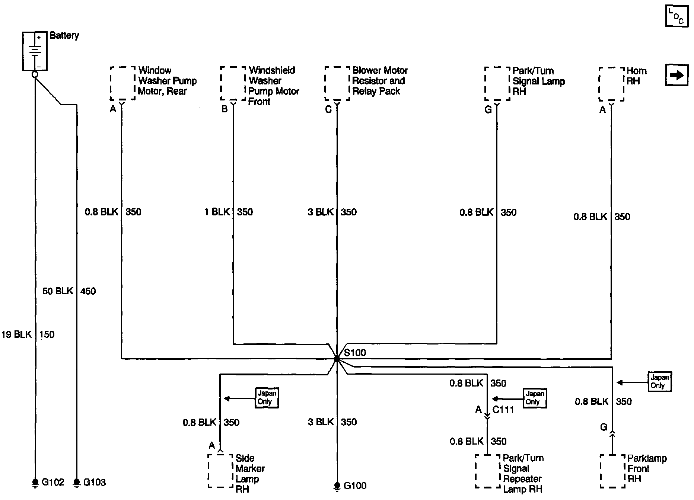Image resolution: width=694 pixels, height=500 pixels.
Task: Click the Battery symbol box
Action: pos(35,51)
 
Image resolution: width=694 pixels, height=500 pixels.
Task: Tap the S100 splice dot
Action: pos(337,359)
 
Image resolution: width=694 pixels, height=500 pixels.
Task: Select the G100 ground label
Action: pos(355,485)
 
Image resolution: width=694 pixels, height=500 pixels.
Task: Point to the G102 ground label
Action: pos(53,482)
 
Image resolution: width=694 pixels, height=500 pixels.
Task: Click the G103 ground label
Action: pos(94,482)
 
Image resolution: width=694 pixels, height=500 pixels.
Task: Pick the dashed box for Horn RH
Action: pos(611,84)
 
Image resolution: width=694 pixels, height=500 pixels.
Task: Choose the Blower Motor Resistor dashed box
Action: pos(337,84)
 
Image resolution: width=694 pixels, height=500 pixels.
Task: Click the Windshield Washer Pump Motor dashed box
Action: pos(233,83)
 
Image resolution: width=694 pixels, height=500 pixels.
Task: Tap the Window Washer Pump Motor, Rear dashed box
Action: pos(122,83)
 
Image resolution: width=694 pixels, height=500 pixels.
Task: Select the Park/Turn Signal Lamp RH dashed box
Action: pos(497,84)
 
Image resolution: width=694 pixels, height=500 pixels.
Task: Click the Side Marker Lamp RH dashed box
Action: pos(220,471)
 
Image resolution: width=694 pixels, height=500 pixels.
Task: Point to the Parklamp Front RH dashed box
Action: pos(612,471)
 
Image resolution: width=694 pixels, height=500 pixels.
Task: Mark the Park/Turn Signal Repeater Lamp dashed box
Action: pos(487,471)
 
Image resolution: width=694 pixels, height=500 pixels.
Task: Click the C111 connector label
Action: pos(503,410)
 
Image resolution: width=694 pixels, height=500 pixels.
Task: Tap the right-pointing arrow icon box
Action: pos(677,76)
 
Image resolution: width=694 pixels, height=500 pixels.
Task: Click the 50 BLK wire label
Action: pos(58,291)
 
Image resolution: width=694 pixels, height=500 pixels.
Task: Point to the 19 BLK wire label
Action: pos(17,334)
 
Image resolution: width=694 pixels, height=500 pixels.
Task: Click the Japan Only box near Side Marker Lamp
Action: pos(267,398)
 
